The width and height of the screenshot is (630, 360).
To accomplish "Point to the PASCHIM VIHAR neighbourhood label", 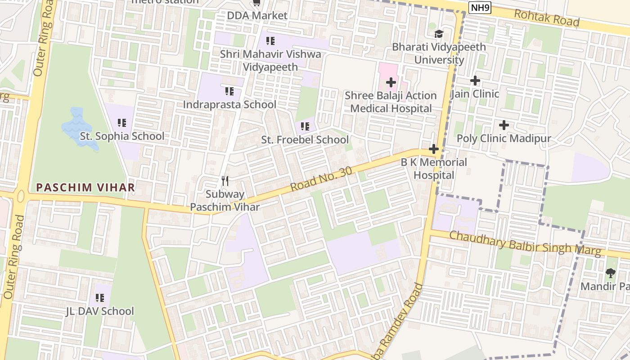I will coord(85,188).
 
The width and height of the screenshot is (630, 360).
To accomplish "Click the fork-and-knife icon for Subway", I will coord(225,181).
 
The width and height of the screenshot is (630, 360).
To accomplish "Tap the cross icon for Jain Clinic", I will coord(475,81).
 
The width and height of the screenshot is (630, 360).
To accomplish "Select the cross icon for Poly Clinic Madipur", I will coord(504,125).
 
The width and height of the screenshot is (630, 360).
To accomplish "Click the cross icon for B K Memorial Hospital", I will coord(434,149).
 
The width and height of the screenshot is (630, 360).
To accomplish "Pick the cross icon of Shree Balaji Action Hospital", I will coord(391,82).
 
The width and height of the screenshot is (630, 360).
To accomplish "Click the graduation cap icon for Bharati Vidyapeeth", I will coord(439,34).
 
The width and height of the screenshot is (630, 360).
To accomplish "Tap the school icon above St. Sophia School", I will coord(122,122).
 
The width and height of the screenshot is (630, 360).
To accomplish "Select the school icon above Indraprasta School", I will coord(229,91).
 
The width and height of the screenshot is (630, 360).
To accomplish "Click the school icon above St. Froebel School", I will coord(305,126).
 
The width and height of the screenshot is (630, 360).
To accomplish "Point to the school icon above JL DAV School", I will coord(100,297).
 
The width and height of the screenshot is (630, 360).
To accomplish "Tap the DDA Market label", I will coord(257,16).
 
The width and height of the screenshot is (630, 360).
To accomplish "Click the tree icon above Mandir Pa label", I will coord(611,273).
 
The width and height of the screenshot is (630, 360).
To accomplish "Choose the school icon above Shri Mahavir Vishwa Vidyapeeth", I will coord(270,41).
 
